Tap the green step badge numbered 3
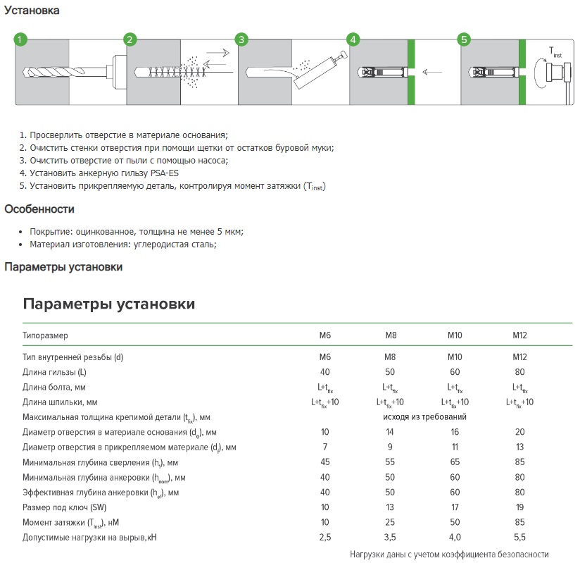coord(241,39)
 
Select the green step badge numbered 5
coord(464,39)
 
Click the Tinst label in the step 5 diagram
coord(556,51)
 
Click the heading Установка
coord(32,11)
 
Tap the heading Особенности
coord(39,209)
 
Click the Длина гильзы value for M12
coord(519,372)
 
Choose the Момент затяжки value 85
coord(519,522)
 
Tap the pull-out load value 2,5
coord(325,538)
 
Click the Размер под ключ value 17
coord(455,507)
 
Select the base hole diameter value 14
coord(390,432)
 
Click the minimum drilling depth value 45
coord(325,462)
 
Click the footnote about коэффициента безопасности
coord(449,555)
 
